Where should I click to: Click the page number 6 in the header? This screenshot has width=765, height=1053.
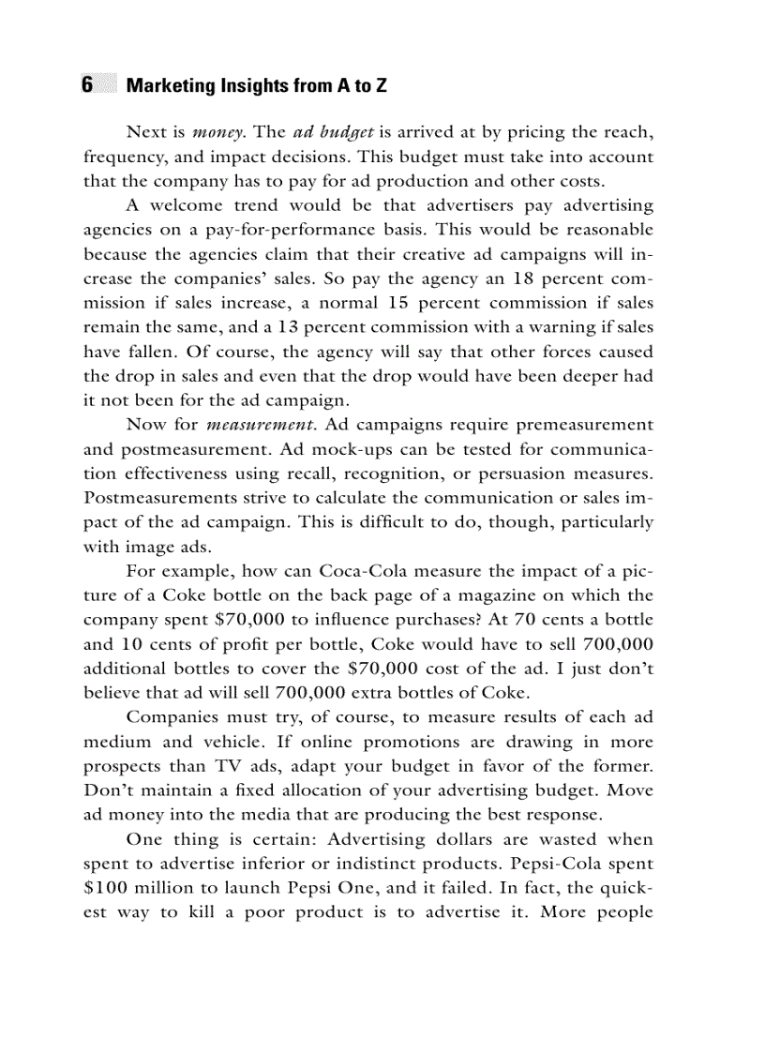click(87, 85)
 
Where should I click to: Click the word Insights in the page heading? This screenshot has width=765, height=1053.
click(244, 86)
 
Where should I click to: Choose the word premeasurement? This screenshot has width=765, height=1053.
click(579, 425)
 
